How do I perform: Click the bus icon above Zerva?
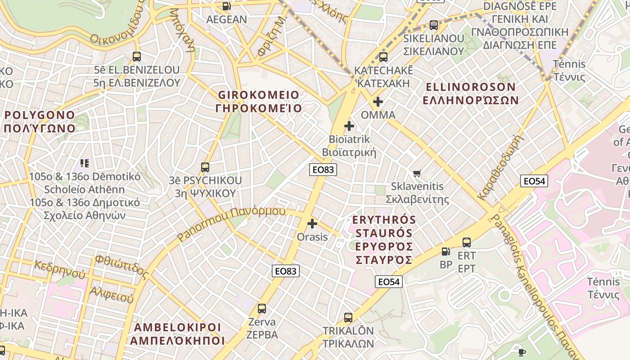261,309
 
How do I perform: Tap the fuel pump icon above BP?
445,252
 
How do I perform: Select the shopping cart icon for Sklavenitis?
417,173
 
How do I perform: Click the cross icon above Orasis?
312,224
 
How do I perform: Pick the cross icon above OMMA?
378,102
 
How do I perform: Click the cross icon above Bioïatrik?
349,126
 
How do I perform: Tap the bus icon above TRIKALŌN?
348,318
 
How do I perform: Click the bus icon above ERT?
467,243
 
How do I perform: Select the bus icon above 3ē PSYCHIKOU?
205,167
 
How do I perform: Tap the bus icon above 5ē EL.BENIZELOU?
137,57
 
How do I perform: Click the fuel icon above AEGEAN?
226,6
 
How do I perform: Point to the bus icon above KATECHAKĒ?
383,57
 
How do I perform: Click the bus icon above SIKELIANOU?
433,25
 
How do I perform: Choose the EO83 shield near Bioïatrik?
323,170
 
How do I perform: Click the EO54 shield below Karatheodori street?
534,181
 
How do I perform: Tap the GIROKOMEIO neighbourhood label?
258,102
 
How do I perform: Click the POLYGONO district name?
40,121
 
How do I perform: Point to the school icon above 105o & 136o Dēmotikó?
85,163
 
